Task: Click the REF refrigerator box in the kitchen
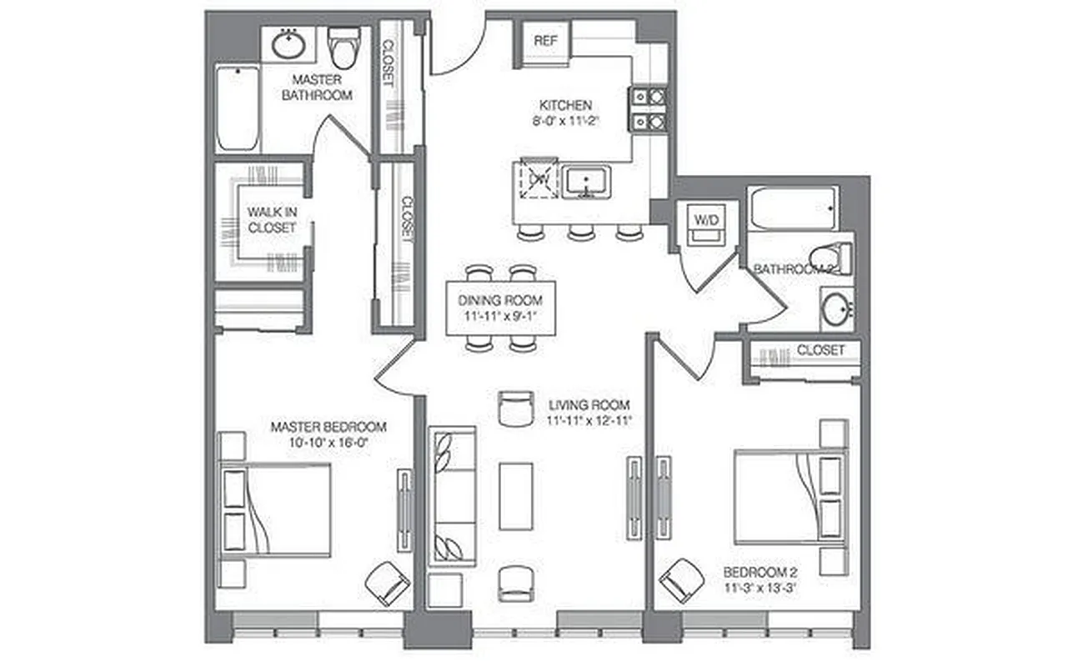546,41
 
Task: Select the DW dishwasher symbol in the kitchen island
537,178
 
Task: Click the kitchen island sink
586,181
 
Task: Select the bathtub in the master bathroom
238,108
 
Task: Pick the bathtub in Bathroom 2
792,208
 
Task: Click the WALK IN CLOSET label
272,220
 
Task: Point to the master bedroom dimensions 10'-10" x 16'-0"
328,443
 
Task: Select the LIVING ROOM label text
589,405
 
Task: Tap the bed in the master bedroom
275,509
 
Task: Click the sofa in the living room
452,497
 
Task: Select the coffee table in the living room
515,495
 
